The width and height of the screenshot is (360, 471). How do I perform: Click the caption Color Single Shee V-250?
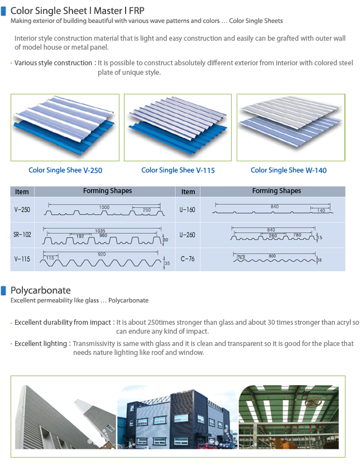(65, 170)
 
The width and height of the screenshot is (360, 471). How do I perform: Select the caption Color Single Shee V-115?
(178, 170)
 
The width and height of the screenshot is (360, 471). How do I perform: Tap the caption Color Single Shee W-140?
(289, 170)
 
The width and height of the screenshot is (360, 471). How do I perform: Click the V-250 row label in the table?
(22, 210)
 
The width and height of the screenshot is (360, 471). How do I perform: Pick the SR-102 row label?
(22, 235)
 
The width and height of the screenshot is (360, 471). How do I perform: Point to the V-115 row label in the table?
(22, 259)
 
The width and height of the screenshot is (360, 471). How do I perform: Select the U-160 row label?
(188, 210)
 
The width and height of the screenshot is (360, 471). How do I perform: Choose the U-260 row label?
(188, 235)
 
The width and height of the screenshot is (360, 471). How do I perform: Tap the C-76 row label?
(188, 259)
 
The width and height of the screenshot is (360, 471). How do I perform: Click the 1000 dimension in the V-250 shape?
(104, 207)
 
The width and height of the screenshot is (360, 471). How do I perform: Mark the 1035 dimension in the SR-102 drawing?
(100, 230)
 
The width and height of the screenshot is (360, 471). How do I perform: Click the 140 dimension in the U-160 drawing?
(321, 210)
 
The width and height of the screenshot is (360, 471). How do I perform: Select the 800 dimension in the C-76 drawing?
(272, 257)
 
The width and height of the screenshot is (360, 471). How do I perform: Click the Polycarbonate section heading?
(41, 290)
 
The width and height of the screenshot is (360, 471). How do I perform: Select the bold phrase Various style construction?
(53, 63)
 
